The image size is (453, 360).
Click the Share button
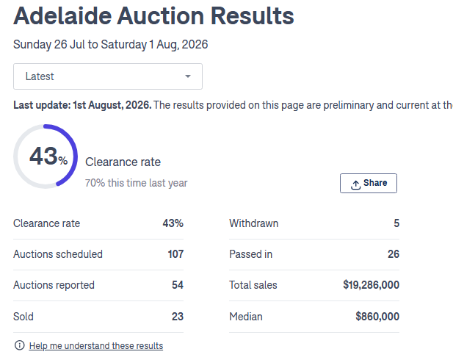coord(369,183)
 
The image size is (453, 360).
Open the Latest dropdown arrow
coord(188,76)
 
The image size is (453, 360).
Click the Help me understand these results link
coord(96,345)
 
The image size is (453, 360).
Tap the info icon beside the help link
coord(20,345)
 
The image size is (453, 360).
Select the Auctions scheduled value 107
coord(175,254)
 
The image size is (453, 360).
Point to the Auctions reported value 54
coord(178,285)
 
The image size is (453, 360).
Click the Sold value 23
coord(178,317)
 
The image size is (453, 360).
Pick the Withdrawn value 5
coord(396,223)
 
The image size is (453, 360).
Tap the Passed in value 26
coord(394,254)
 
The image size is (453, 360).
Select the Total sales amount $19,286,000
coord(372,285)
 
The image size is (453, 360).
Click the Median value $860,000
coord(377,317)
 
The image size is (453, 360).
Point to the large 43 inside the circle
coord(43,156)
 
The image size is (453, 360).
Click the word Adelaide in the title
coord(62,16)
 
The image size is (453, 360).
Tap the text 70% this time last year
coord(136,183)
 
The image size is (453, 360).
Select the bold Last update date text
coord(82,105)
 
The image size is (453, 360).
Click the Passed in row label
coord(251,254)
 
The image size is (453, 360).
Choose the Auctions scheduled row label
coord(58,254)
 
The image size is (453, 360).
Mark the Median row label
coord(246,317)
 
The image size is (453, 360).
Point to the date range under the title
coord(110,45)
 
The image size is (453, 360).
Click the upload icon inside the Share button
coord(355,184)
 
